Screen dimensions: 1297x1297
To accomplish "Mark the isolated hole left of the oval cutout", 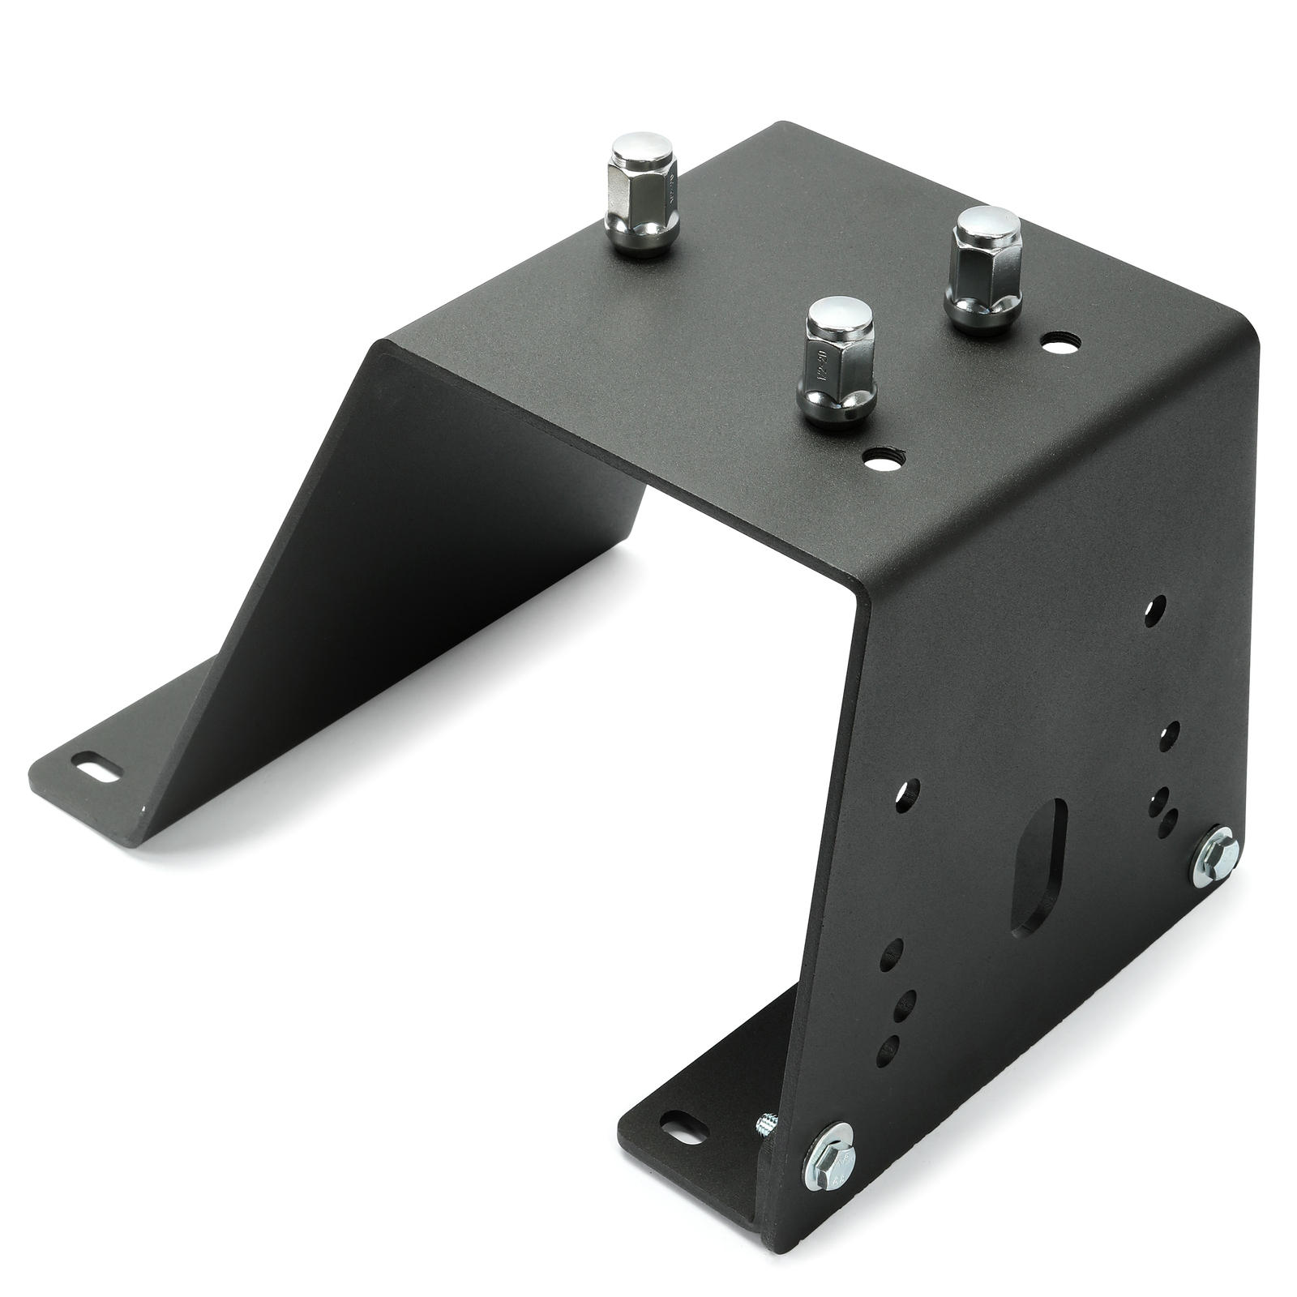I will tap(912, 787).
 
